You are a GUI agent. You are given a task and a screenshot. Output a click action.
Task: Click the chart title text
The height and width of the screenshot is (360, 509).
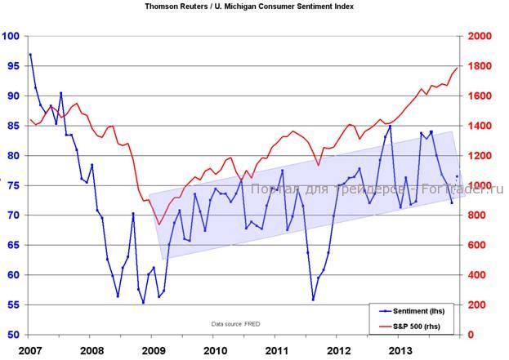pos(249,6)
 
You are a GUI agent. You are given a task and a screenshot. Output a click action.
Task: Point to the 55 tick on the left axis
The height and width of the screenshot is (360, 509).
pos(13,304)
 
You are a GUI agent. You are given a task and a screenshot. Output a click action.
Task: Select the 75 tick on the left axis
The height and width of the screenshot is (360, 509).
pos(13,185)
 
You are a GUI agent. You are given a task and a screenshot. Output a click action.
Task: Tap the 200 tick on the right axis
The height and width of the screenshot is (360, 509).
pos(480,304)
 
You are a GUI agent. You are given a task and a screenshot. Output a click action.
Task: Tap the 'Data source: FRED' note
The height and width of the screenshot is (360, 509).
pos(234,324)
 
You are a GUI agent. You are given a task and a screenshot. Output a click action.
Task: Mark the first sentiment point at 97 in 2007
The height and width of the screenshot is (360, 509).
pos(30,55)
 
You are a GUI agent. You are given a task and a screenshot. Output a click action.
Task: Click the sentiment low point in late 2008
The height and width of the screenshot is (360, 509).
pos(143,303)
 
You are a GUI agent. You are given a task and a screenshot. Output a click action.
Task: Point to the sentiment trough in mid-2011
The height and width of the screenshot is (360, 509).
pos(312,300)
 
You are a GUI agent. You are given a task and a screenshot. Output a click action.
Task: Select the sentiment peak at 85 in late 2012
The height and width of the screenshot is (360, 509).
pos(390,126)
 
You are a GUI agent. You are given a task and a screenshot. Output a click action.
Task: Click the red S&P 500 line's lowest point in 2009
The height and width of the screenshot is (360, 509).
pos(159,224)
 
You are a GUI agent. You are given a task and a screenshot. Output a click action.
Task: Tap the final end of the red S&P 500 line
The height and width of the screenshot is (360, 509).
pos(458,68)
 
